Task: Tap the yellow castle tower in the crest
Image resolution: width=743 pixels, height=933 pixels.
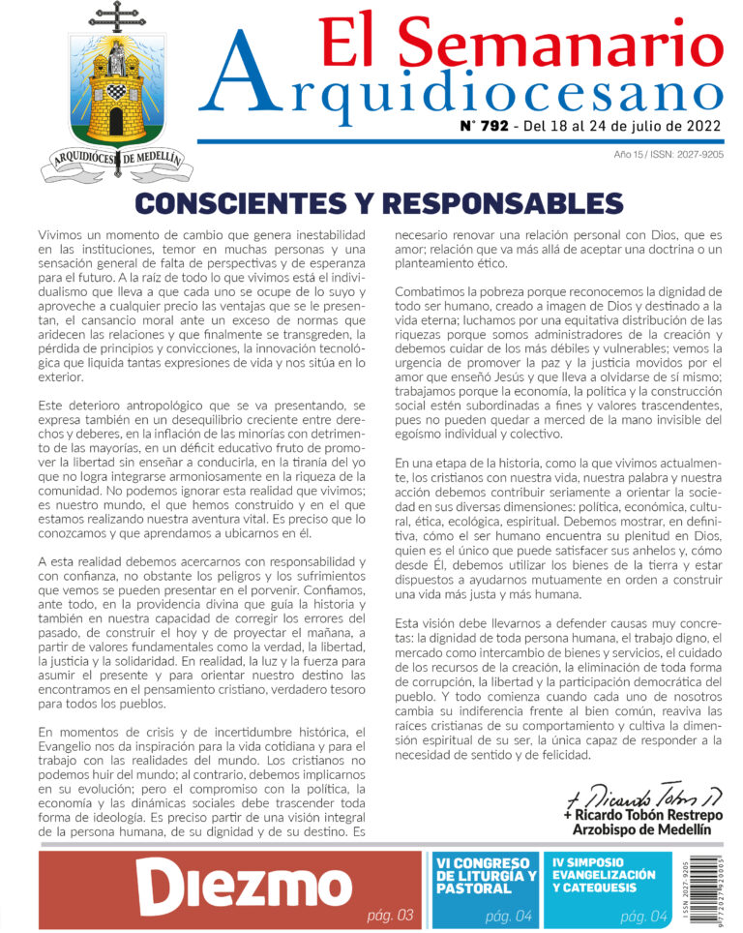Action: (x=116, y=97)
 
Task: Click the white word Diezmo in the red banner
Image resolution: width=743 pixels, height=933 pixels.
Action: (x=242, y=886)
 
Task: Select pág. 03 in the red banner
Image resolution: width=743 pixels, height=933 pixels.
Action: (x=391, y=916)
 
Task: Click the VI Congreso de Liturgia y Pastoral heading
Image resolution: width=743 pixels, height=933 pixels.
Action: (x=485, y=875)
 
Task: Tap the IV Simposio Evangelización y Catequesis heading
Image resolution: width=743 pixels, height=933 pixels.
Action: (x=604, y=874)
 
